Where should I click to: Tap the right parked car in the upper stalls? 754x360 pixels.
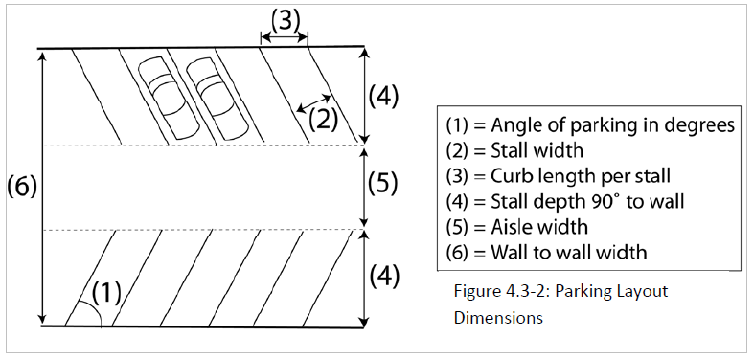coord(217,100)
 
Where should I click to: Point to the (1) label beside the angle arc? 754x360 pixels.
coord(106,293)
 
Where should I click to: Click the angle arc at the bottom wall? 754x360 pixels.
coord(93,309)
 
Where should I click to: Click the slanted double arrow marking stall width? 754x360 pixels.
coord(313,102)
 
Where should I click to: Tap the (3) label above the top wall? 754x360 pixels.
coord(286,21)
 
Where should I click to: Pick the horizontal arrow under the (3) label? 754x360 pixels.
coord(284,37)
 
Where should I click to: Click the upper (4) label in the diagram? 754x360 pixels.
coord(383,97)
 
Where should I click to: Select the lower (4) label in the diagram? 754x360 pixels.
coord(384,277)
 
